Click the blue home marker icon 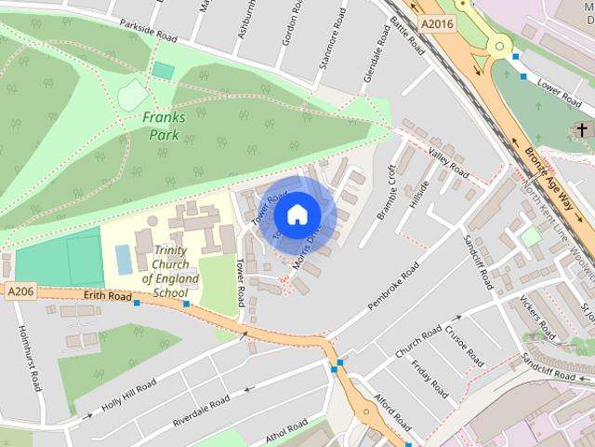pos(297,214)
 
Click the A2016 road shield pos(437,24)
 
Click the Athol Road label pos(284,431)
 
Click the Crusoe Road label pos(465,345)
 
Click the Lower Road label pos(559,89)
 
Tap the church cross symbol pos(582,129)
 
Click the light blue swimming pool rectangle pos(124,260)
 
